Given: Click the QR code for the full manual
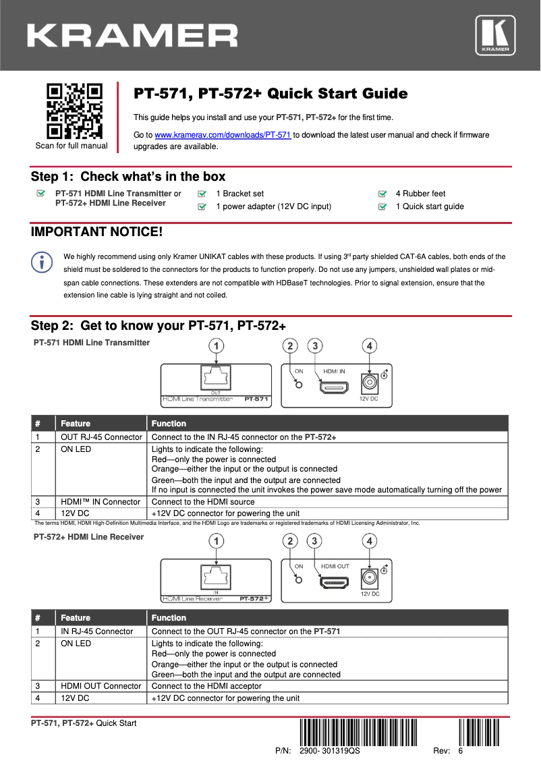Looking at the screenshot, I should [74, 110].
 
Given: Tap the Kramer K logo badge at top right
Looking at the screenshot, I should [495, 35].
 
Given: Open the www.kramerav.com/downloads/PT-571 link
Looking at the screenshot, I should [223, 135].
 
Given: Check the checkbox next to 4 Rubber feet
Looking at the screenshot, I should [382, 194].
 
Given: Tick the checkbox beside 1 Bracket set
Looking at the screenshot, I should [202, 194].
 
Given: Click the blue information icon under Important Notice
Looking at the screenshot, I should [42, 262].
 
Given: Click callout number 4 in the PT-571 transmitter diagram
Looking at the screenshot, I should [368, 347].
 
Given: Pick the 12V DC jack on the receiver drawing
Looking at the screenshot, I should [369, 578].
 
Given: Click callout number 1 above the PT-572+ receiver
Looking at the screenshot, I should [215, 541].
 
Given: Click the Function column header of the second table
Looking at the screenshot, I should [169, 618].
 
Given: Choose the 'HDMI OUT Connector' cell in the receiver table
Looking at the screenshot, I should [101, 686].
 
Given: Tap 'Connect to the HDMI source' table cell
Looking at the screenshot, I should [203, 501].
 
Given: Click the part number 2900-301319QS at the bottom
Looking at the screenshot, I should [329, 751].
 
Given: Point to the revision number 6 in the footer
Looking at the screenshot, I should [460, 751].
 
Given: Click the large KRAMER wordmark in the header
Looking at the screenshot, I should [132, 35].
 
